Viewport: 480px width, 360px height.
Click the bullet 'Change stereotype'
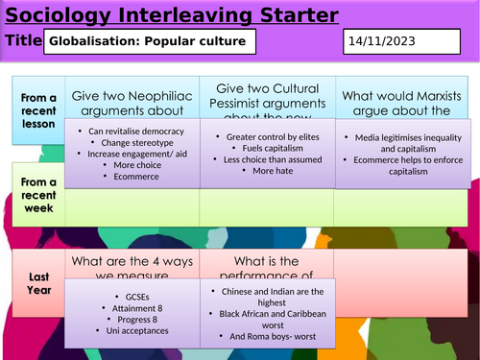[x=131, y=142]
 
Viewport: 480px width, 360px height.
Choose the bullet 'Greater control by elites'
[x=267, y=137]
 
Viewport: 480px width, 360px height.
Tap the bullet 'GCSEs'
[x=131, y=298]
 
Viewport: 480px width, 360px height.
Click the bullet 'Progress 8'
[x=131, y=320]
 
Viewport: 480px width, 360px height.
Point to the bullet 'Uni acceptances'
[x=131, y=331]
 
